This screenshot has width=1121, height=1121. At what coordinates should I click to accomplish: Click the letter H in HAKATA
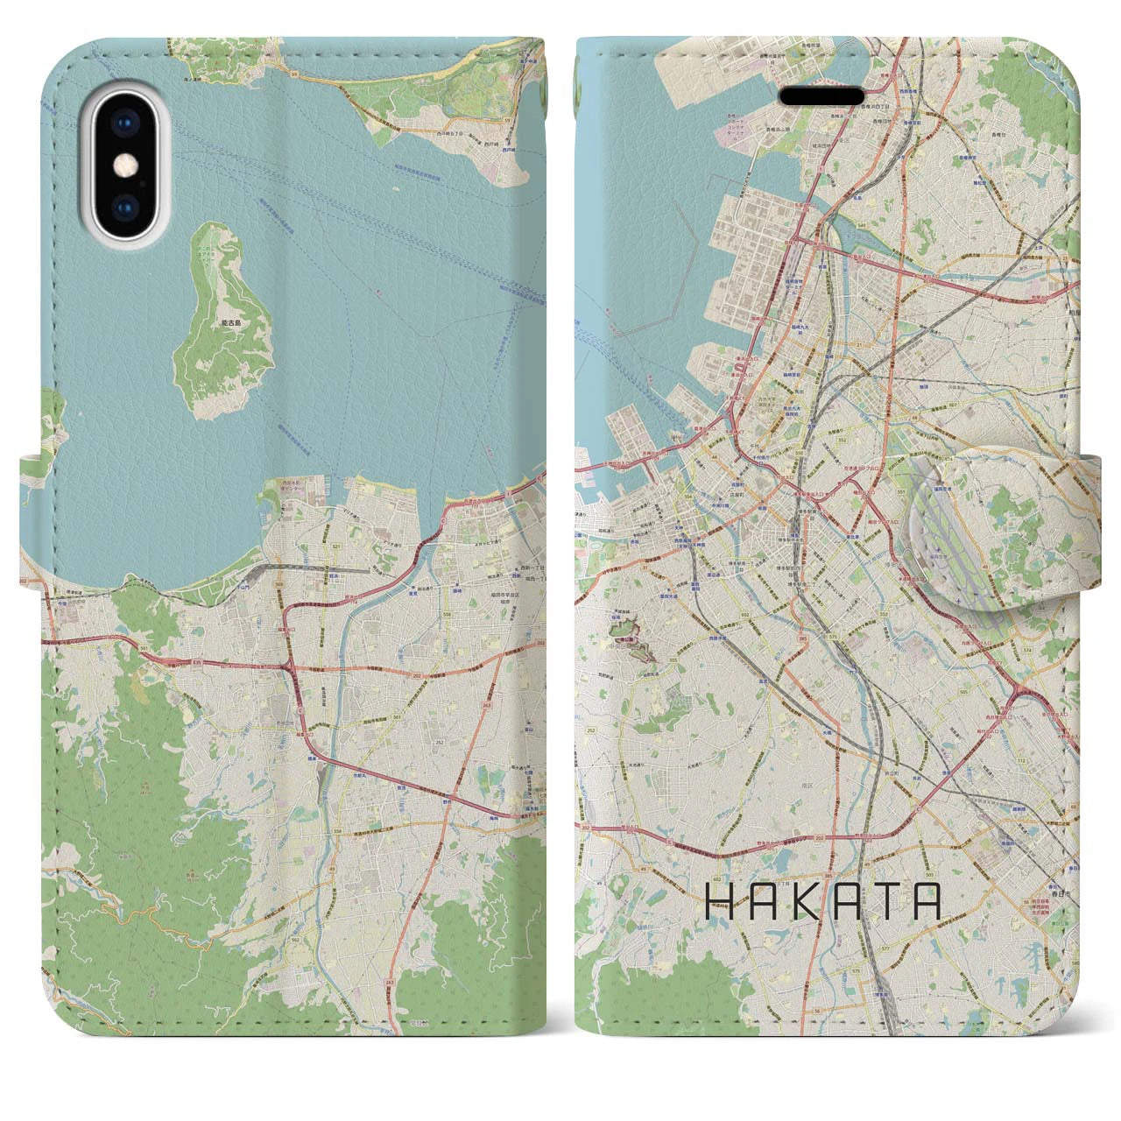pos(719,901)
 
